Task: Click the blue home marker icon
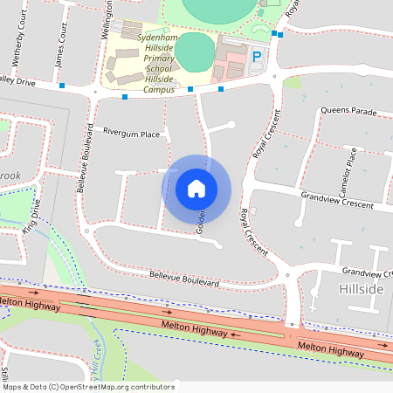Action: point(196,188)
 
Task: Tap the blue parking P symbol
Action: point(257,57)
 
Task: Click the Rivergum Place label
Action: point(131,134)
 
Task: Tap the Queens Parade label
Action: point(348,111)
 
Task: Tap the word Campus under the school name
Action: point(159,89)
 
